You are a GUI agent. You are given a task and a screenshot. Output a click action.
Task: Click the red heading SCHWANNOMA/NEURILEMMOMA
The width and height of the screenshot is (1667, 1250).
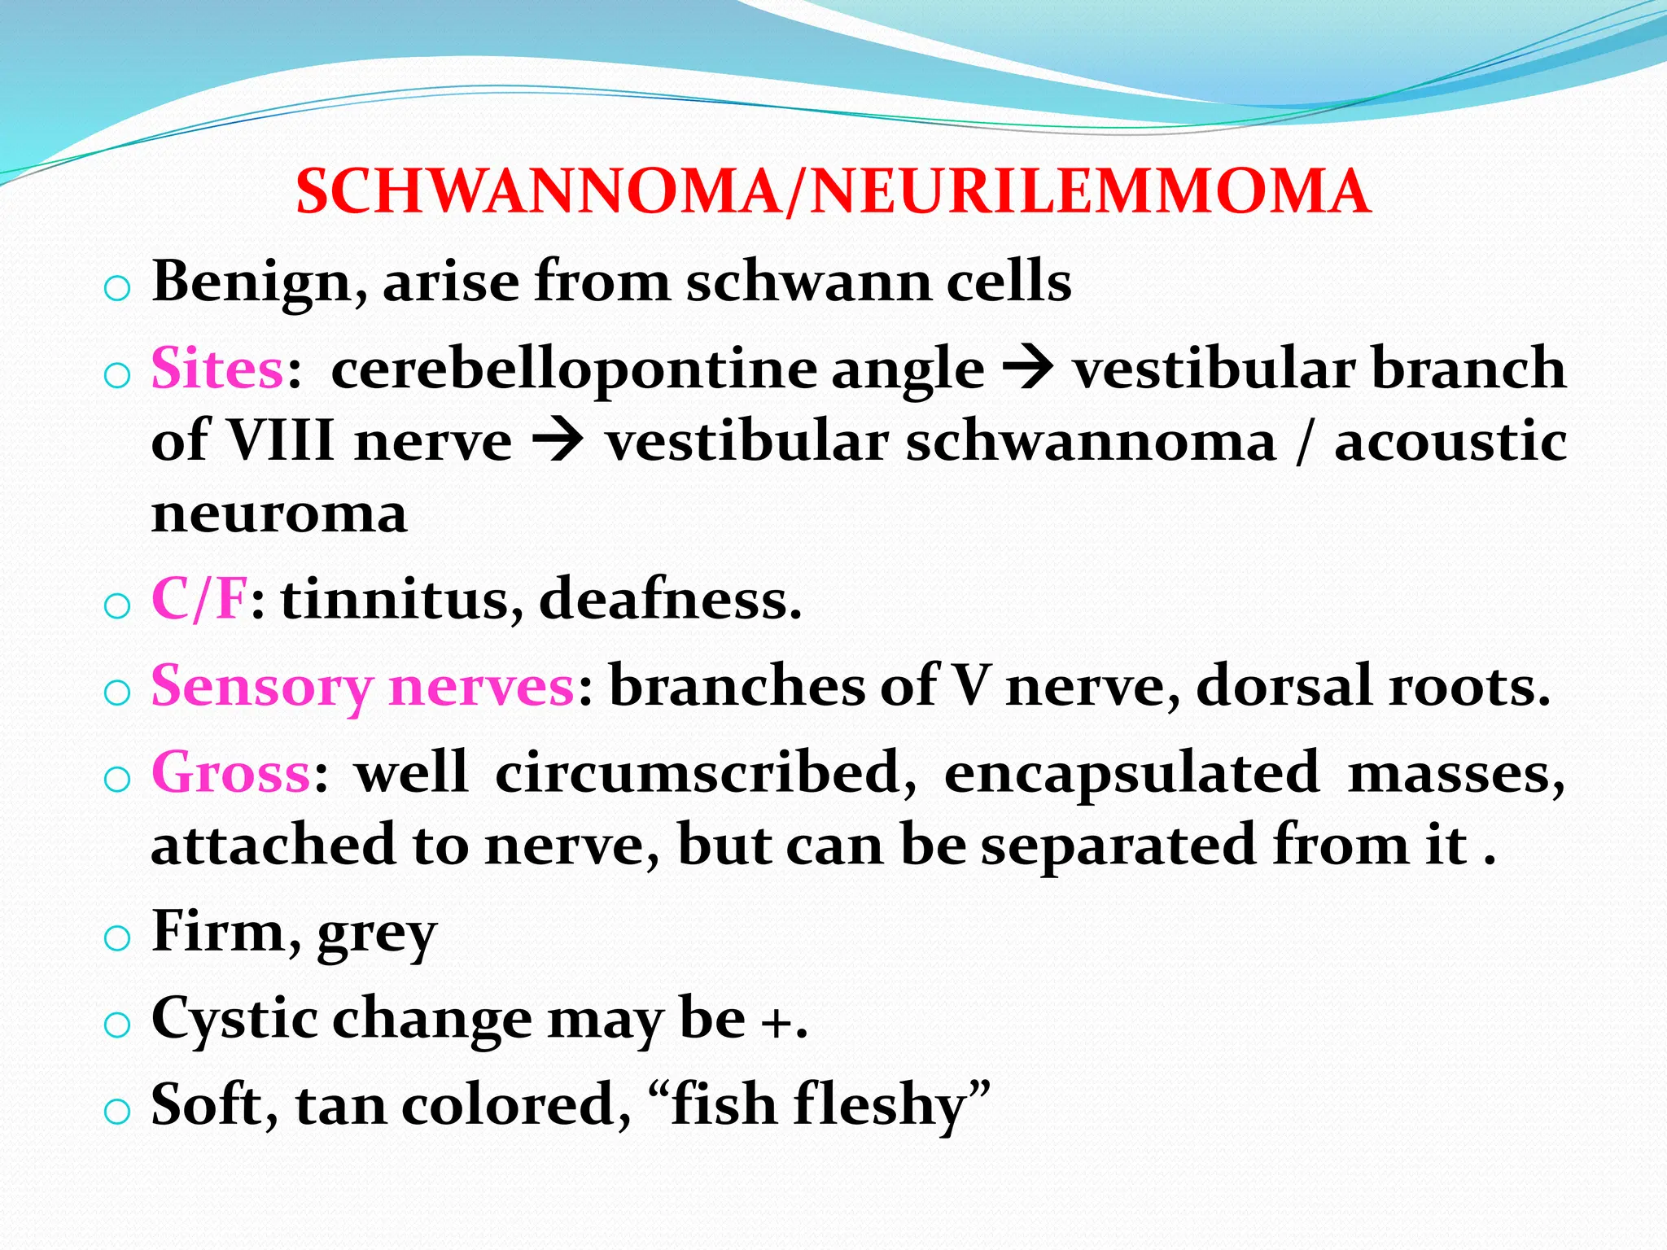tap(833, 192)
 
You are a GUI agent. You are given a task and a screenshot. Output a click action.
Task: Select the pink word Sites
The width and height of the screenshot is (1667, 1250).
tap(217, 369)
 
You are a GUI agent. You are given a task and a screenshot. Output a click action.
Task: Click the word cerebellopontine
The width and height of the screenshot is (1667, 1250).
tap(574, 369)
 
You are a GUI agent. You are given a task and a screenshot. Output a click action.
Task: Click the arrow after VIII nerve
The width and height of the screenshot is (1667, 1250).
tap(558, 443)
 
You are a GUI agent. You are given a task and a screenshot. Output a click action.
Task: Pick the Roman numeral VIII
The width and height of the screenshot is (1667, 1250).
tap(279, 441)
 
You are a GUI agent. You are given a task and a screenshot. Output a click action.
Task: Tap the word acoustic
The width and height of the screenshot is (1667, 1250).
tap(1450, 441)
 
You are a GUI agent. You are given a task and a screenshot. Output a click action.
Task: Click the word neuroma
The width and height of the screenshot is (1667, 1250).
tap(279, 514)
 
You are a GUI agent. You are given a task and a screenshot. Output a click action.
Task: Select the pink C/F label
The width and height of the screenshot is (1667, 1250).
tap(199, 600)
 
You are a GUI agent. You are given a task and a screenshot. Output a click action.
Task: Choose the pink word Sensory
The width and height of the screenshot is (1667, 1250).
tap(261, 687)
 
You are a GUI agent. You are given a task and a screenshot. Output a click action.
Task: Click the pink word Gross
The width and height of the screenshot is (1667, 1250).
tap(231, 772)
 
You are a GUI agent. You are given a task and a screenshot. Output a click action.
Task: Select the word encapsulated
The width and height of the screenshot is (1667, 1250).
tap(1131, 772)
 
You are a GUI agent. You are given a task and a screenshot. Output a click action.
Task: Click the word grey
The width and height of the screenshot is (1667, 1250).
tap(377, 934)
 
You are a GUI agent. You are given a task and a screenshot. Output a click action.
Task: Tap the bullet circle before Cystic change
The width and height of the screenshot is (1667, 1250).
tap(117, 1024)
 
